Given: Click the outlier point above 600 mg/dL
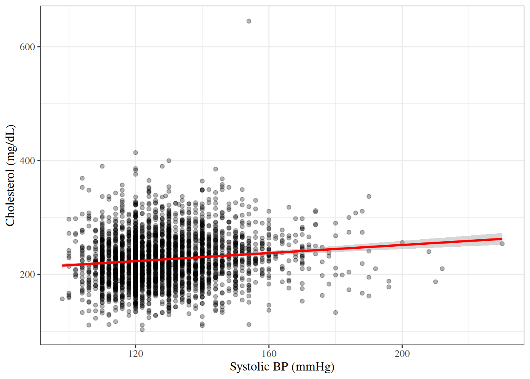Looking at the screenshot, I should tap(249, 21).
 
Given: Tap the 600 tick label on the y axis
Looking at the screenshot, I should tap(27, 47).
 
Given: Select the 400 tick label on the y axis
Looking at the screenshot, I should tap(27, 161).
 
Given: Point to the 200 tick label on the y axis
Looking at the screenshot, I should tap(27, 274).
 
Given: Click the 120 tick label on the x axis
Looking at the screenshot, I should tap(136, 353).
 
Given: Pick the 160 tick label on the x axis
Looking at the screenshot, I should tap(269, 353).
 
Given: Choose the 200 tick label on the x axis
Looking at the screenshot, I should tap(402, 353).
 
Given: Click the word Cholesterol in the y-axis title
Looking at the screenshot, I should tap(10, 197).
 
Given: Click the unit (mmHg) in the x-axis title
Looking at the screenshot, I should tap(314, 367).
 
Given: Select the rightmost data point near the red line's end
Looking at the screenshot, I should tap(502, 244).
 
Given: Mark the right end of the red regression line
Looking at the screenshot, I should tap(502, 239).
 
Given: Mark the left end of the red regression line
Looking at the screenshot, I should tap(63, 266).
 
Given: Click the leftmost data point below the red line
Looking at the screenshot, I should tap(62, 299).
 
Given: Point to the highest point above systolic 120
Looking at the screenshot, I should tap(136, 152).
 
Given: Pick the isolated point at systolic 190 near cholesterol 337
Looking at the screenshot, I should tap(369, 196).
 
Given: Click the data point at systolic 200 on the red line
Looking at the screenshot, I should tap(402, 242).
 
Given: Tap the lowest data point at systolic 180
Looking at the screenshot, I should tap(336, 312).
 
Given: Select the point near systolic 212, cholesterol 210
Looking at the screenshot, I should tap(442, 269).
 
